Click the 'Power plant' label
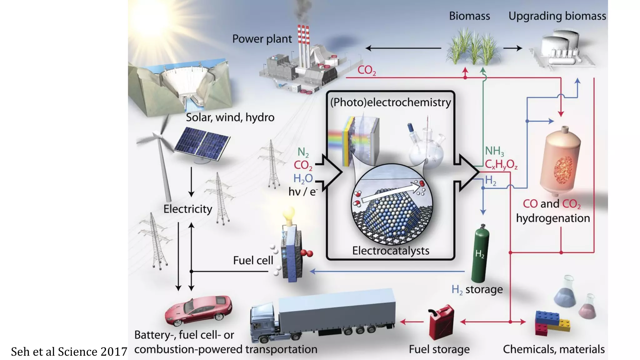(262, 39)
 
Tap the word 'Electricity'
(187, 209)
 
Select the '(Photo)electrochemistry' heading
(390, 102)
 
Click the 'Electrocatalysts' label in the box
(390, 251)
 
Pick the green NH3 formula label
(494, 151)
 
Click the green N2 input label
(303, 152)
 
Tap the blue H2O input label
(303, 178)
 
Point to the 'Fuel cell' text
(253, 260)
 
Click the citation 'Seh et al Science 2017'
(69, 352)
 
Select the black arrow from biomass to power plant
(403, 48)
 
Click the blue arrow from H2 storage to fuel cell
(387, 271)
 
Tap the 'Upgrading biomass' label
(557, 16)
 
